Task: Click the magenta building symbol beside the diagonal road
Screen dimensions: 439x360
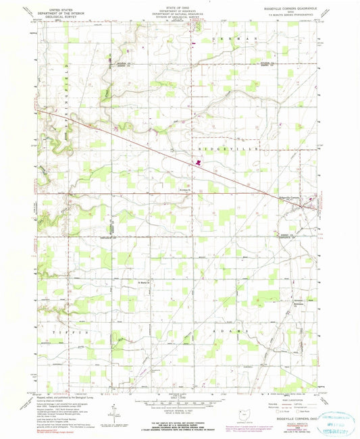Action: tap(198, 162)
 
